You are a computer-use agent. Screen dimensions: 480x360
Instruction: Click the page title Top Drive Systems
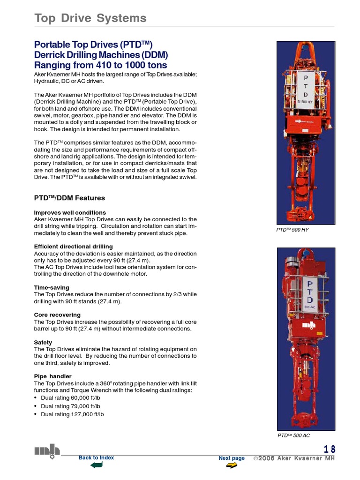click(x=90, y=18)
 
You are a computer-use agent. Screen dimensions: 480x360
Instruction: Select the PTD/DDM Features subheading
click(x=69, y=198)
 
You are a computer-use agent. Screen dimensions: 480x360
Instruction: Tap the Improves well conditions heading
click(x=70, y=212)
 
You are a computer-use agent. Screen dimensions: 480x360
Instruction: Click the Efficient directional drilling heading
click(x=73, y=247)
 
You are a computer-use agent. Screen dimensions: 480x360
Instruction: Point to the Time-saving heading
click(x=52, y=287)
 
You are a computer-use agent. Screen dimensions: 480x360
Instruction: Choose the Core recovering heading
click(x=57, y=315)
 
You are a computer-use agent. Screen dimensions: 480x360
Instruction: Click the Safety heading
click(x=44, y=343)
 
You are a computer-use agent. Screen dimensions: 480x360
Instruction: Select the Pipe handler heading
click(x=52, y=376)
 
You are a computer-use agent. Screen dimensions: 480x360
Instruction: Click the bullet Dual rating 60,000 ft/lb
click(x=70, y=397)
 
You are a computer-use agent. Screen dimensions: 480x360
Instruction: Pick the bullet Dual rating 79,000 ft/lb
click(x=70, y=406)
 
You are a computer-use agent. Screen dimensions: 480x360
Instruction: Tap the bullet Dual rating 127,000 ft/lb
click(x=72, y=414)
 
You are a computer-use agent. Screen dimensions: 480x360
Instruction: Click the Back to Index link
click(x=96, y=457)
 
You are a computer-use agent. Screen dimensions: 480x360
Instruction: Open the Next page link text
click(x=232, y=458)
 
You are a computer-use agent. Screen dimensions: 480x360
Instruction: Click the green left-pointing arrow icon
click(x=96, y=465)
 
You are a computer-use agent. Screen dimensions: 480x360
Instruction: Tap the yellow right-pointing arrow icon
click(x=232, y=465)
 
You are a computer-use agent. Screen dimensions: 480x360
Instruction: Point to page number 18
click(x=330, y=450)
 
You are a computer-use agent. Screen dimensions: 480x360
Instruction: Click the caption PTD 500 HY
click(x=292, y=230)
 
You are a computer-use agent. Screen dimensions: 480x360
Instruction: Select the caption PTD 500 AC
click(x=293, y=435)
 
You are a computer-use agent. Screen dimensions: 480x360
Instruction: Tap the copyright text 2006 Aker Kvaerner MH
click(x=294, y=458)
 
